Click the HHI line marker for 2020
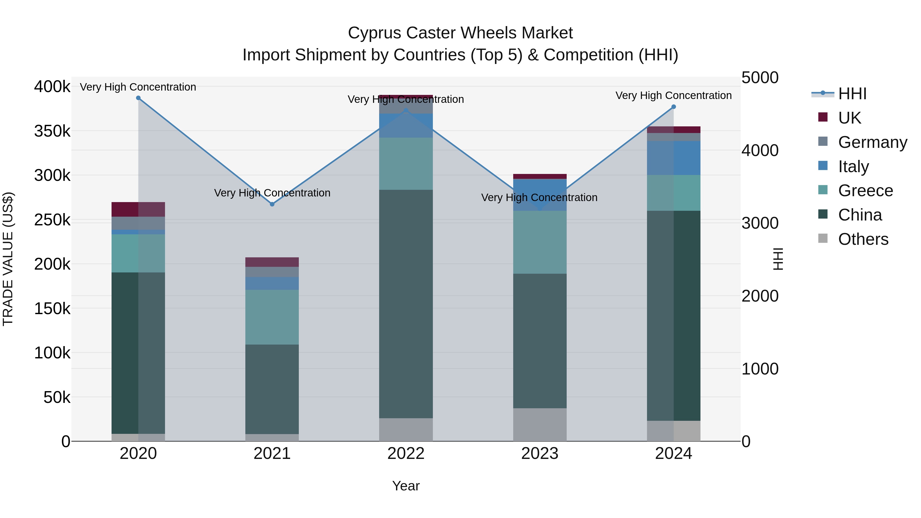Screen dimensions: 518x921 pos(138,98)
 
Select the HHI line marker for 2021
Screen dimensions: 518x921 pos(272,204)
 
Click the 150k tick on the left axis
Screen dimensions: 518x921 pos(52,308)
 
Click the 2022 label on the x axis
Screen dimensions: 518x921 pos(406,454)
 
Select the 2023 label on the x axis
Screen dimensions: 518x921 pos(540,454)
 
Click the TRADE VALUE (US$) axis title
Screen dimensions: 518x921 pos(8,259)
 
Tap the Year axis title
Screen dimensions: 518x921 pos(406,486)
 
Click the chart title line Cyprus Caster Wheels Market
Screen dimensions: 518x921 pos(460,33)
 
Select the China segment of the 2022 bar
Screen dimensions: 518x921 pos(406,304)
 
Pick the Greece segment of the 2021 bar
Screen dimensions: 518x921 pos(272,317)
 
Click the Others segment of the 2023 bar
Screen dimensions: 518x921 pos(540,425)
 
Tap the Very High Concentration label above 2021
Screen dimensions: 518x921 pos(272,193)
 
